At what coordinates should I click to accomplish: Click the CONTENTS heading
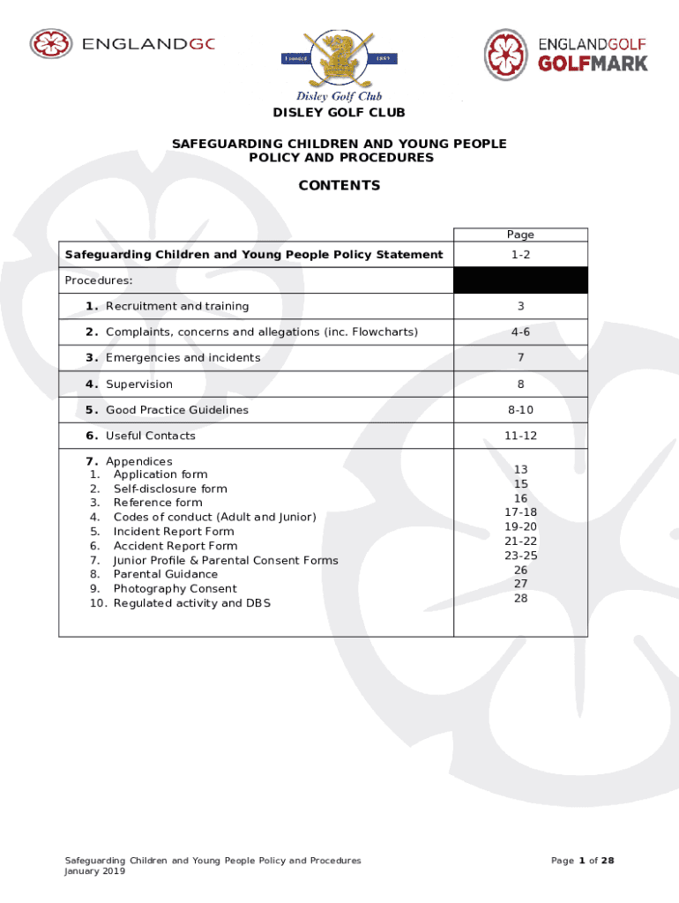coord(339,185)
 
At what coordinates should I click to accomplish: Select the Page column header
coord(520,235)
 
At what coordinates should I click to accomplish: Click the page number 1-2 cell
coord(520,255)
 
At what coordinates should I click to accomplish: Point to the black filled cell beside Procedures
coord(520,280)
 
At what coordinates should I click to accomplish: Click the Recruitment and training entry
coord(176,306)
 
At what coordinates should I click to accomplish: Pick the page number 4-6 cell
coord(520,332)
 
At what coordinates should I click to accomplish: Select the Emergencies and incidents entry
coord(183,358)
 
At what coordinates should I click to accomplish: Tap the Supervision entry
coord(138,384)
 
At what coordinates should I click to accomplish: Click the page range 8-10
coord(520,410)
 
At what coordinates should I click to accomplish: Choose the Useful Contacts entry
coord(150,436)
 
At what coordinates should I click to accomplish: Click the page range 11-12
coord(520,436)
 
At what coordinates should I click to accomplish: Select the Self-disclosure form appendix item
coord(169,489)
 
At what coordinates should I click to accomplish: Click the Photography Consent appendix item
coord(175,589)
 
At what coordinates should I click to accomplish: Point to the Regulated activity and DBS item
coord(191,603)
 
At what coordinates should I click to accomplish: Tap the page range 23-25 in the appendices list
coord(520,556)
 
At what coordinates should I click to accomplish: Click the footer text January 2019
coord(95,871)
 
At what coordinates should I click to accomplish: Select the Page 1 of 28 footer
coord(582,861)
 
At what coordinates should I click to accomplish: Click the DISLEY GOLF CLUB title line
coord(339,113)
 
